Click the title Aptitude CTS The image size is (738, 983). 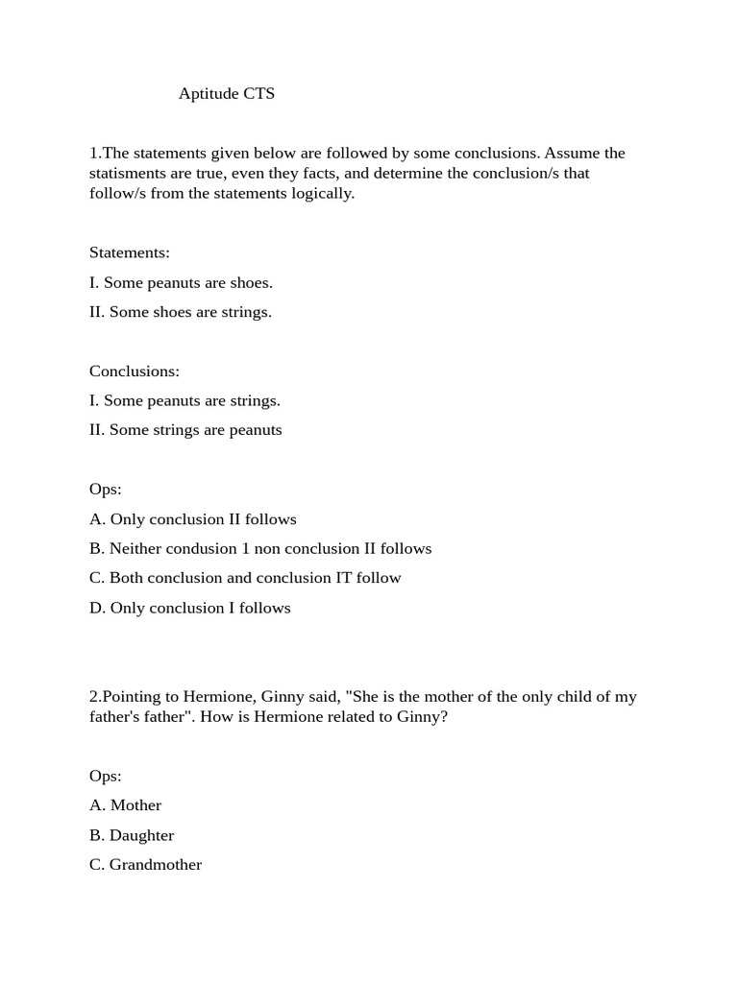(226, 94)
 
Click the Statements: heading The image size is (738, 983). (130, 252)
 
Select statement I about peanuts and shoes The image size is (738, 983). (181, 282)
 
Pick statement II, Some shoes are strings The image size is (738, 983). (181, 312)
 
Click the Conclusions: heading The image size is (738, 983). (135, 372)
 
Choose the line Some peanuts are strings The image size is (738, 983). (184, 400)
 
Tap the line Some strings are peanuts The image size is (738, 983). (185, 430)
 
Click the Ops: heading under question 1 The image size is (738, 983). (106, 490)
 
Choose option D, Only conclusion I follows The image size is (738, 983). (190, 608)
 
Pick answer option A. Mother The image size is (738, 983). (126, 805)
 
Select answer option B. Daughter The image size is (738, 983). (132, 835)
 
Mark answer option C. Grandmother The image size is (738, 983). (146, 865)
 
